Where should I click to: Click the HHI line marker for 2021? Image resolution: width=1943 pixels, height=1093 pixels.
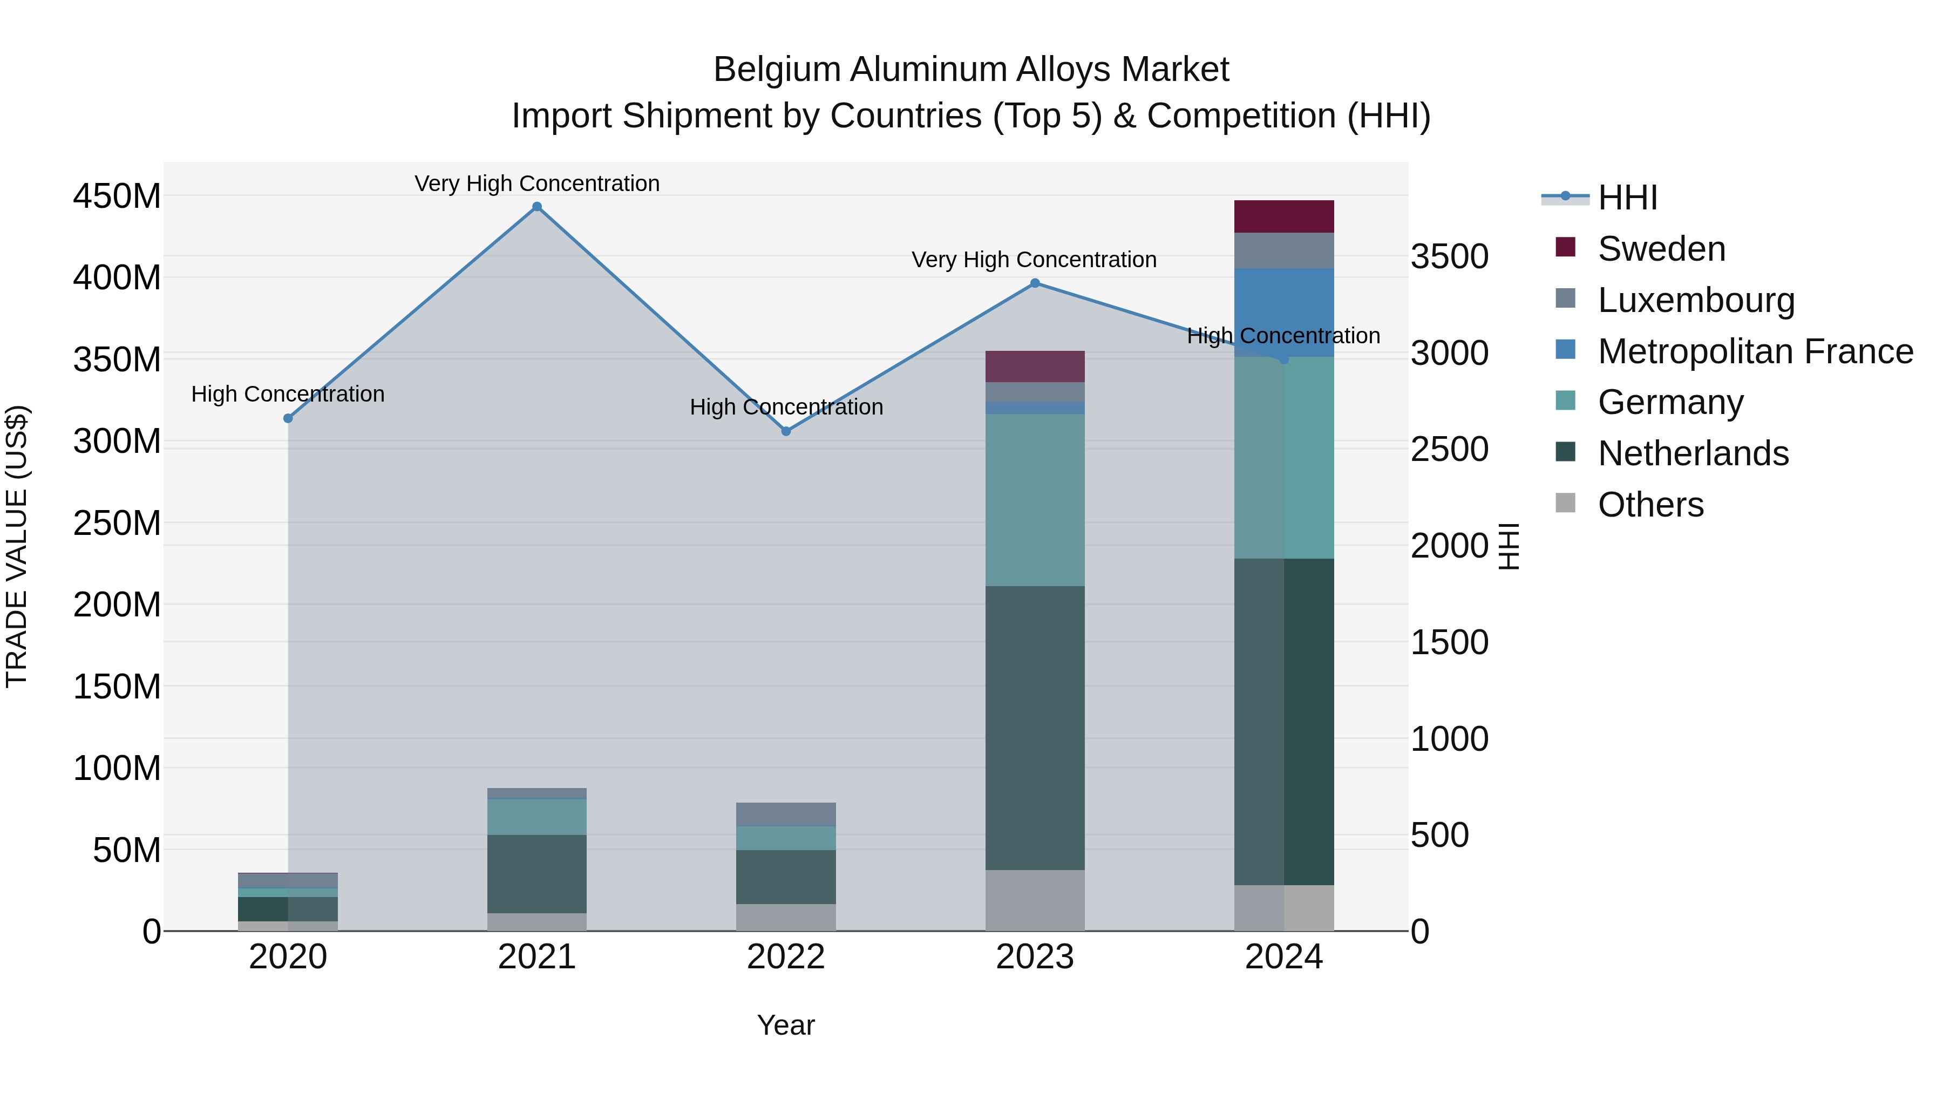click(536, 207)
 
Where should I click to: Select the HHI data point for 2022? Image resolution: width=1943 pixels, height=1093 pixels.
click(785, 431)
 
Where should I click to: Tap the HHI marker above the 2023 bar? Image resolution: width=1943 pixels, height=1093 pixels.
click(1035, 283)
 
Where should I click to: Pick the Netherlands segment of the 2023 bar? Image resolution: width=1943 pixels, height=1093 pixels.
click(1034, 728)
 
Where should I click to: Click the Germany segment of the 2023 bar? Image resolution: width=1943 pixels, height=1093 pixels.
click(1034, 499)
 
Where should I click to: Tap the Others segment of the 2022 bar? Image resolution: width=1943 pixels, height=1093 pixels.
click(785, 917)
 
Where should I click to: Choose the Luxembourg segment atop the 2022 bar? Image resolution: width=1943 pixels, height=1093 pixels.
click(785, 814)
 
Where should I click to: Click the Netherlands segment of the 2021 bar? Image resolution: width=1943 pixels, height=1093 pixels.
click(536, 873)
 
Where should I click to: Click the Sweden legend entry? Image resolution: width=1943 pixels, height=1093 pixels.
click(1660, 249)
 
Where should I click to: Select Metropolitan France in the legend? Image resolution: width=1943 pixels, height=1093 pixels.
click(1755, 351)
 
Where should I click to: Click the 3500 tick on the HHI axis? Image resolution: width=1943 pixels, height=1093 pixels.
click(1449, 257)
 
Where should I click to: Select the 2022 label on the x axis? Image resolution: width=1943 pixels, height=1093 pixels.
click(785, 957)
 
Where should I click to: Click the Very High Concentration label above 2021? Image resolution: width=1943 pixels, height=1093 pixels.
click(536, 184)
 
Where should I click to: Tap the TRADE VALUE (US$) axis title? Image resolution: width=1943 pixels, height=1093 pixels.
click(17, 546)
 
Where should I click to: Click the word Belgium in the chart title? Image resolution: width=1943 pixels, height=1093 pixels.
click(776, 70)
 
